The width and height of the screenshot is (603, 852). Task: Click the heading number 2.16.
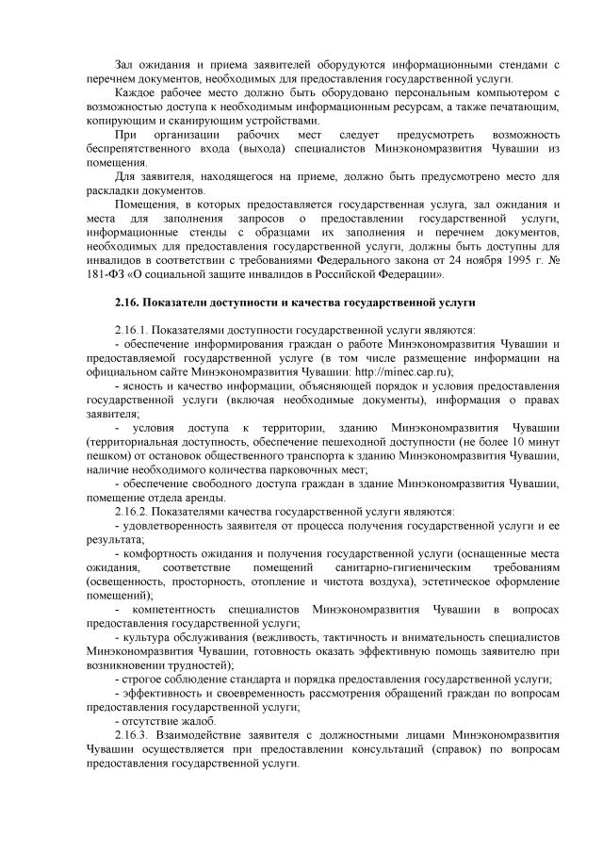point(125,303)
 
